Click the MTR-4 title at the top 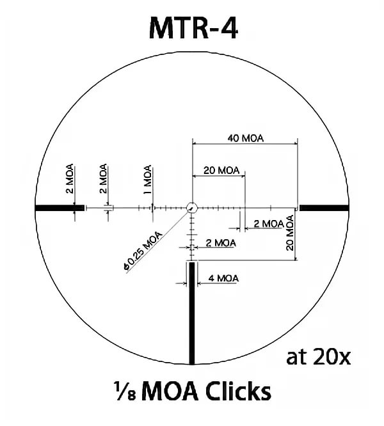193,28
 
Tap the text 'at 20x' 318,357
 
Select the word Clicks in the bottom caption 238,391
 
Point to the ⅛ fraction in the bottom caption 125,391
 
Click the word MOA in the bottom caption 170,391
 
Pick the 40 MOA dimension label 246,138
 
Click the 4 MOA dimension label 223,278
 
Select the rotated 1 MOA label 147,180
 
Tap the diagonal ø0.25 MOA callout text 143,251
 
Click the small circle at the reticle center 192,208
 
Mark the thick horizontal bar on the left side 60,208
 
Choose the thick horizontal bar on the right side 324,208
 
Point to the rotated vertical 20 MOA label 291,233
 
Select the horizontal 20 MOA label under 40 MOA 221,171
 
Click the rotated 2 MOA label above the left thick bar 70,178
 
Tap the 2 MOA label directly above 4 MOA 221,243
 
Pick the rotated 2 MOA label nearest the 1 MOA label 103,178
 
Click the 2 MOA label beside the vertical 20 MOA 269,224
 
